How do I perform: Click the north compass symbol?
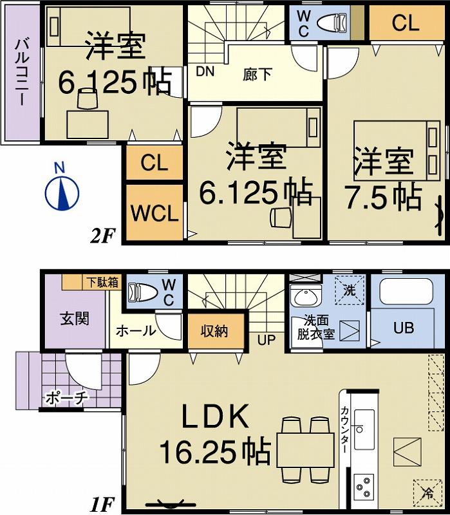[61, 192]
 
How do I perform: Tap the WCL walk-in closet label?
[155, 214]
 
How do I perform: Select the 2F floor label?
[103, 236]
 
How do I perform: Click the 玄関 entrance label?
[75, 318]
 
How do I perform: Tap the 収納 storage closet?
[214, 332]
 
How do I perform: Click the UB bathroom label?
[403, 326]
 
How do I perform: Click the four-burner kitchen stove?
[364, 485]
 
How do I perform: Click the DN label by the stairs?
[205, 71]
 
